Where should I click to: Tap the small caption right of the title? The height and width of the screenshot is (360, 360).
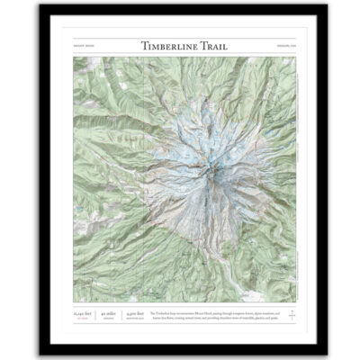274,46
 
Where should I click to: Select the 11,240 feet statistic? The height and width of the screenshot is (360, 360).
83,312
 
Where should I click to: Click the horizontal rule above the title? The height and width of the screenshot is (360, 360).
180,38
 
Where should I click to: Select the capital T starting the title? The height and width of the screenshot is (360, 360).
145,45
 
